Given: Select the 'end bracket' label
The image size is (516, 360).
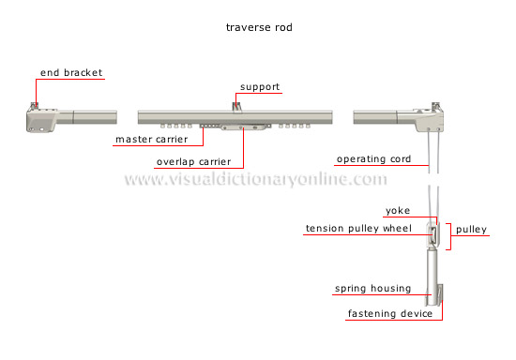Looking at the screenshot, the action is tap(70, 72).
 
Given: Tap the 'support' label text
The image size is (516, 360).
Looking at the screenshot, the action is tap(260, 87).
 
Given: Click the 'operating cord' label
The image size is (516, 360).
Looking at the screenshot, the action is tap(373, 158).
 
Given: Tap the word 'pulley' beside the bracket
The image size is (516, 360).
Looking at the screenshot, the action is tap(472, 229).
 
